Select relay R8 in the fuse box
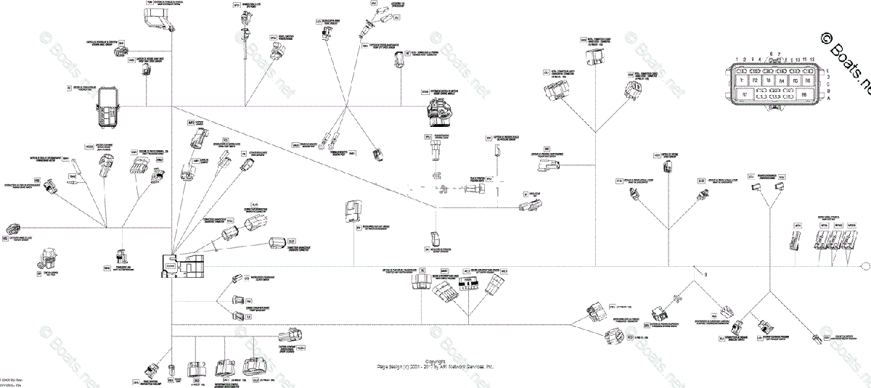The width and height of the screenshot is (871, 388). [803, 95]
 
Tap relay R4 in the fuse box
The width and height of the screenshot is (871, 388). [782, 81]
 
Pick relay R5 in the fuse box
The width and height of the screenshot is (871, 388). [795, 81]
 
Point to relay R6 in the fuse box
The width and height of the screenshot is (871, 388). [807, 81]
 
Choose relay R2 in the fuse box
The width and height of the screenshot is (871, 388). [756, 81]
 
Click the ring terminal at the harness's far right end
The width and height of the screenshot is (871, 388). [864, 265]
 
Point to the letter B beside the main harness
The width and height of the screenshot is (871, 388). [706, 273]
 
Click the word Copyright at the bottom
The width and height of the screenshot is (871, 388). [435, 361]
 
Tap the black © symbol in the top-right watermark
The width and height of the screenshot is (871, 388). [827, 38]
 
